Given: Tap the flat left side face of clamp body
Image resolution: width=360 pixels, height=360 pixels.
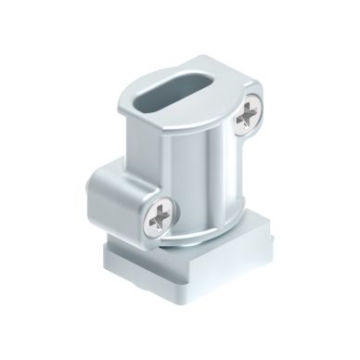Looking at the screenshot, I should (130, 139).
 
